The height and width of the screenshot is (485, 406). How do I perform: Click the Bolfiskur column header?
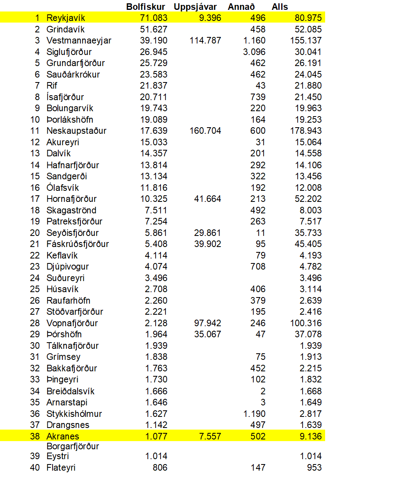coord(146,7)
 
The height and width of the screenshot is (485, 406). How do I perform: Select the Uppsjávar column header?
coord(195,7)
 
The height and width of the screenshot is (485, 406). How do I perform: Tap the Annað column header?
coord(241,7)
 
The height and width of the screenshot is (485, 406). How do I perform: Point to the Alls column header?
coord(280,7)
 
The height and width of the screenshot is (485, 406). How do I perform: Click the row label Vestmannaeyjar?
coord(79,41)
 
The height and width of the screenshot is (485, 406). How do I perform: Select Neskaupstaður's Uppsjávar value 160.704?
coord(205,131)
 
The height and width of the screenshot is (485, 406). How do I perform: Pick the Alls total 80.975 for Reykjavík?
coord(308,18)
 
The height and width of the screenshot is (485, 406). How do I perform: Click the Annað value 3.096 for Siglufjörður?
coord(255,52)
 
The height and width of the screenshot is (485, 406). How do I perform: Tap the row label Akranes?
coord(63,436)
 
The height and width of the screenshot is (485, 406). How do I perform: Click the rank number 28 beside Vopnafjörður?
coord(35,323)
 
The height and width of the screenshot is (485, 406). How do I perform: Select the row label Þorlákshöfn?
coord(70,120)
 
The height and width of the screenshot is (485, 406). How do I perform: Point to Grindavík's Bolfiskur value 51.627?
coord(154,30)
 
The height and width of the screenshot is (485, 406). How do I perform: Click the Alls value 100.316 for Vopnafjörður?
coord(306,323)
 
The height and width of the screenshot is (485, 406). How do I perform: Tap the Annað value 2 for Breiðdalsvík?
coord(263,391)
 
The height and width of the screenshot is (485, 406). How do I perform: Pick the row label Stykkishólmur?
coord(74,414)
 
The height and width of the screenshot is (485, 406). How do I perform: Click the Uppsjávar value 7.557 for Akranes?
coord(210,436)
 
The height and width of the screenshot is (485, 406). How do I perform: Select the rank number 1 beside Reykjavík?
coord(37,18)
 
